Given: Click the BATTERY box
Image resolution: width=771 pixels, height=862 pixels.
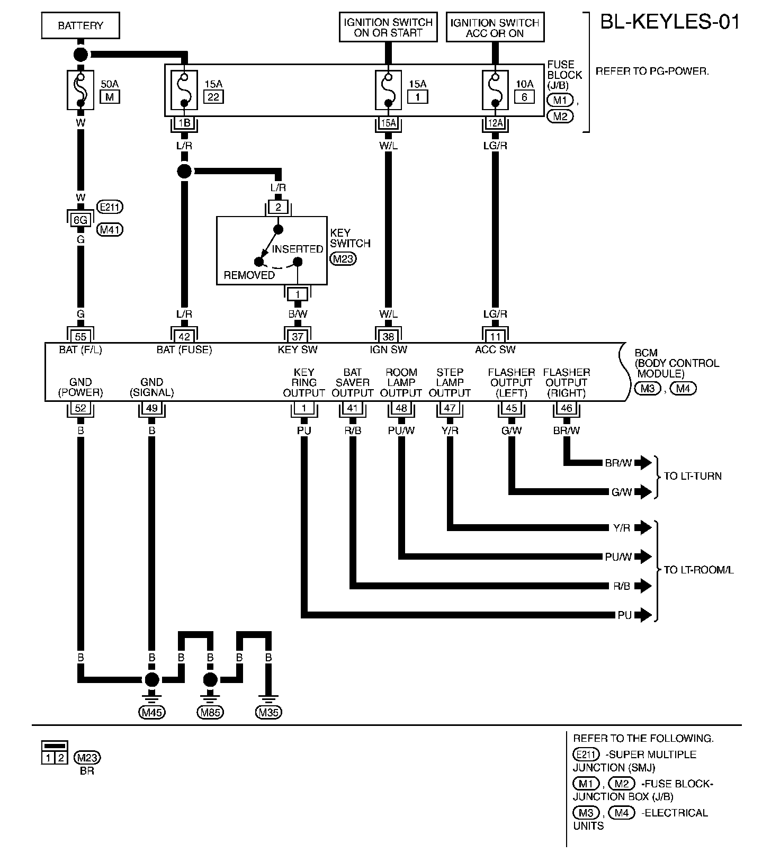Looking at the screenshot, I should (x=80, y=26).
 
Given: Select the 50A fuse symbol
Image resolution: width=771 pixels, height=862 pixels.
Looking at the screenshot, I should (x=80, y=89).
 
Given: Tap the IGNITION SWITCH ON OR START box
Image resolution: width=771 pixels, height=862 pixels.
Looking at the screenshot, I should (x=389, y=28).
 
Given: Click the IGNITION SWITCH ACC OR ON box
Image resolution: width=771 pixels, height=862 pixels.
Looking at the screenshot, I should (x=495, y=28).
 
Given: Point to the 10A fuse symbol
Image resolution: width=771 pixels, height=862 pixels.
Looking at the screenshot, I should (x=495, y=89).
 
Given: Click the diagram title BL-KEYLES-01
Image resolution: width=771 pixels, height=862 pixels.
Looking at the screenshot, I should (x=669, y=22).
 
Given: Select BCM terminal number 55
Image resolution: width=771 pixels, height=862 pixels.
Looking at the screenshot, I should (x=80, y=336).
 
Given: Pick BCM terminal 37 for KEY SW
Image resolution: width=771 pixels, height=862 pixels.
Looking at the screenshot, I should (x=298, y=336).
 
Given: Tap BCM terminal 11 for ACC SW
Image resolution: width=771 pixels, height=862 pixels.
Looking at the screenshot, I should (x=495, y=336).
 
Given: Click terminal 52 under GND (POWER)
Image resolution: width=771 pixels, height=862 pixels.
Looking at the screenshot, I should (x=80, y=408).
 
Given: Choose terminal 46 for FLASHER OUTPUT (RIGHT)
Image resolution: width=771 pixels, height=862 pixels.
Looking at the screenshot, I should (x=566, y=408).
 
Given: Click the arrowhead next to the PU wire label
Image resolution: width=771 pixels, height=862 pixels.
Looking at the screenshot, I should (x=643, y=615).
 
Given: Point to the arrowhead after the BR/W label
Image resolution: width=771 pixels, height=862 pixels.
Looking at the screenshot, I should (x=643, y=463).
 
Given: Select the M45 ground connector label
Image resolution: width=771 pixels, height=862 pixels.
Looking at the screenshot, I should (x=152, y=712).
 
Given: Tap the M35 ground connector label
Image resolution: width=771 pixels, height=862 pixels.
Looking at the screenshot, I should (x=268, y=712).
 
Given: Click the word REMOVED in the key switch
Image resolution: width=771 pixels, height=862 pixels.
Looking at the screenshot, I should (x=249, y=275).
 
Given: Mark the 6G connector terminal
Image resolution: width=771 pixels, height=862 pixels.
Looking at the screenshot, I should (x=80, y=218).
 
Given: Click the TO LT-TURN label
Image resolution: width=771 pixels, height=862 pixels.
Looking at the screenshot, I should (x=693, y=476).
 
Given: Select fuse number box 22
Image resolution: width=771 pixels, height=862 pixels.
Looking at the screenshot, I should (x=213, y=97).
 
